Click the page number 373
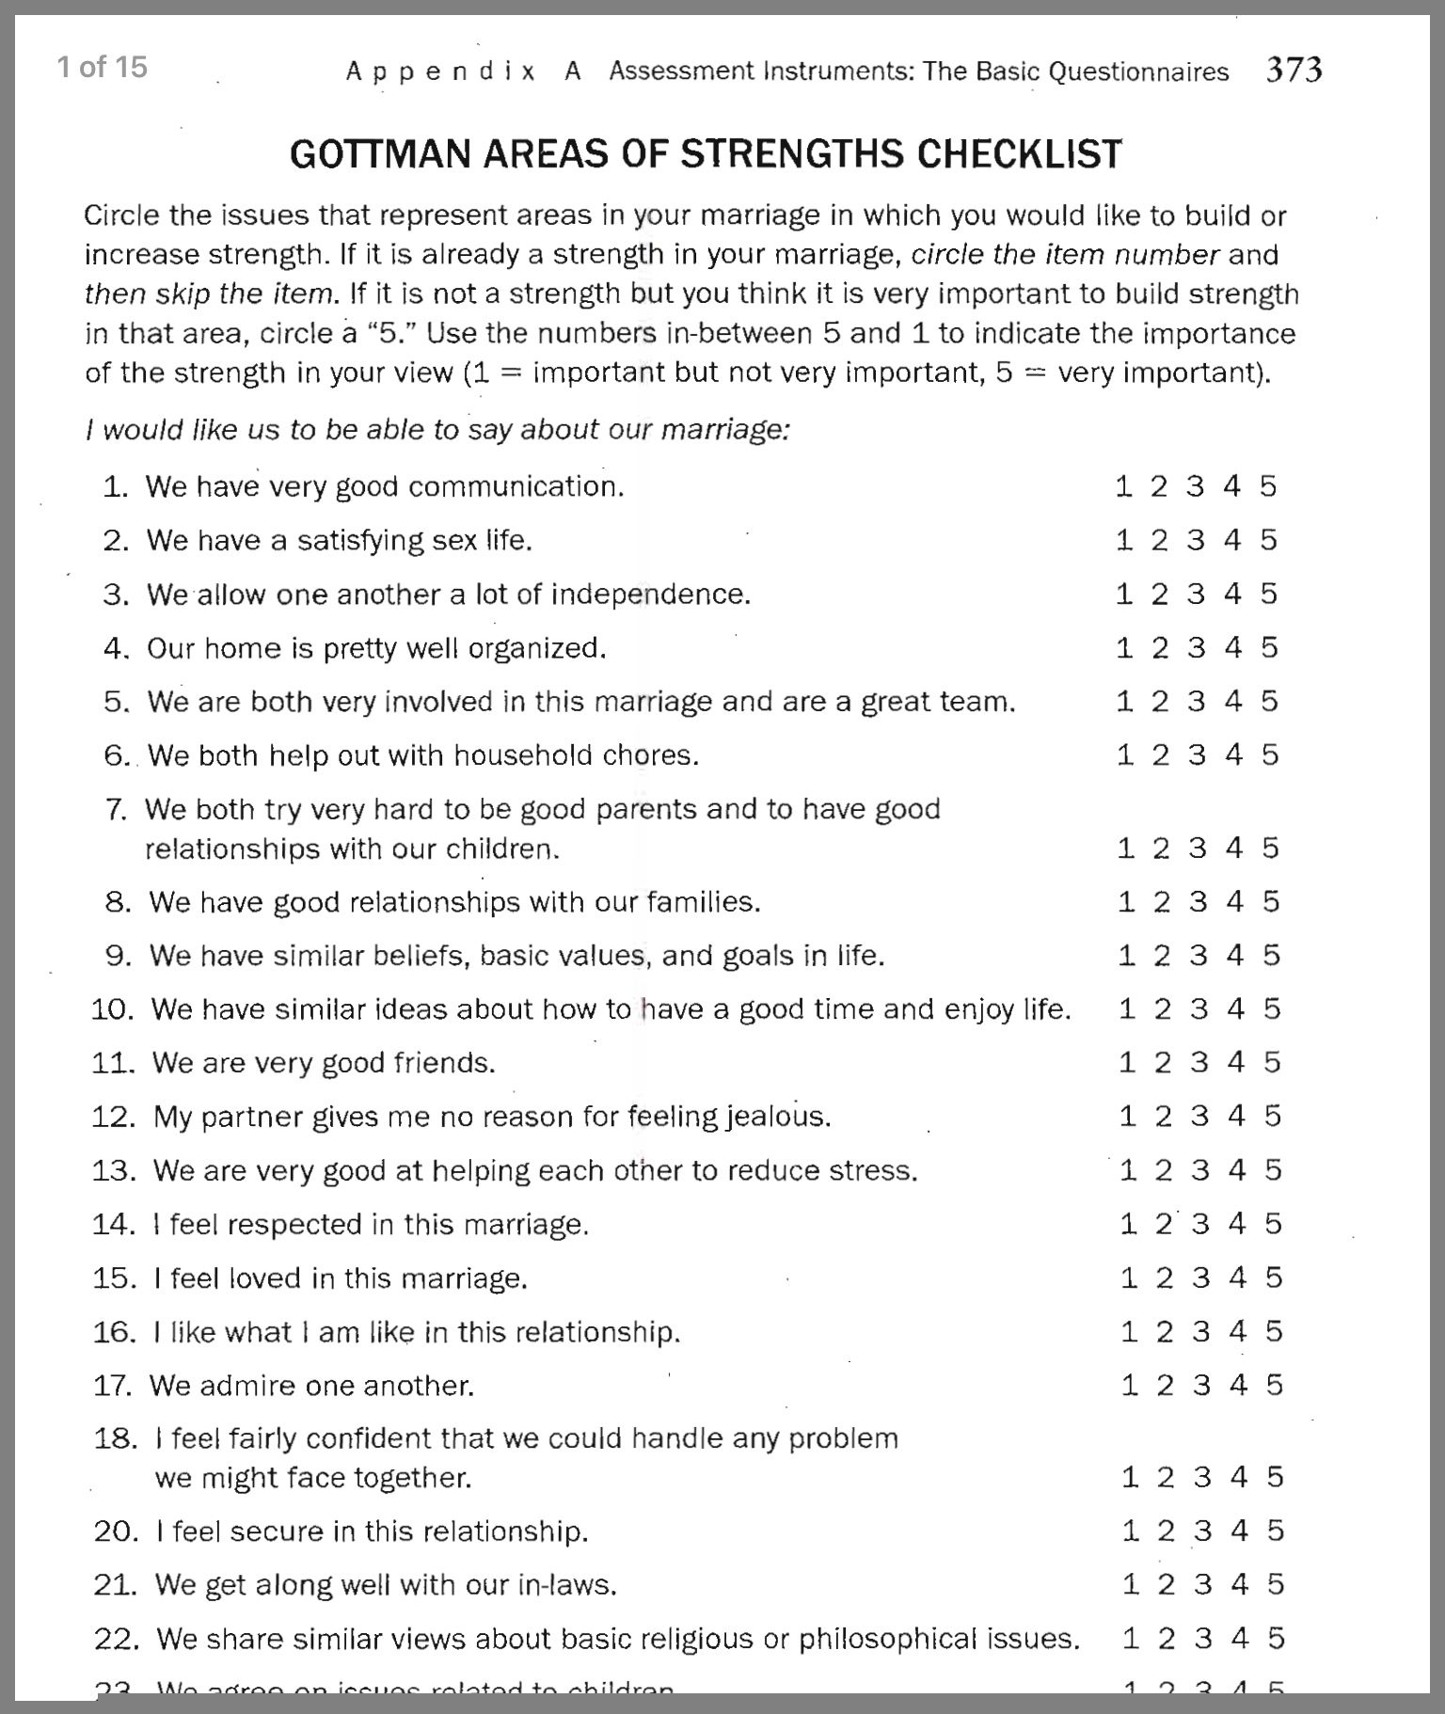[1294, 70]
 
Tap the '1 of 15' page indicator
[102, 67]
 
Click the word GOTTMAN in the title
[380, 154]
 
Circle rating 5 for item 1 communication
[1268, 486]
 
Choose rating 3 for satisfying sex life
[1196, 540]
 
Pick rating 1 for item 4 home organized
[1124, 647]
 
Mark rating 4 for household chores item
[1233, 754]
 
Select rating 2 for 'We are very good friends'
[1163, 1062]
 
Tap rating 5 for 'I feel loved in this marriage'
[1273, 1278]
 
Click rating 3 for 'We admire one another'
[1201, 1385]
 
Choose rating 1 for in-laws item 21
[1131, 1584]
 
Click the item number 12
[114, 1117]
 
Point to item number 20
[116, 1531]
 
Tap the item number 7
[117, 809]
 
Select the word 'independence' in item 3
[650, 595]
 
